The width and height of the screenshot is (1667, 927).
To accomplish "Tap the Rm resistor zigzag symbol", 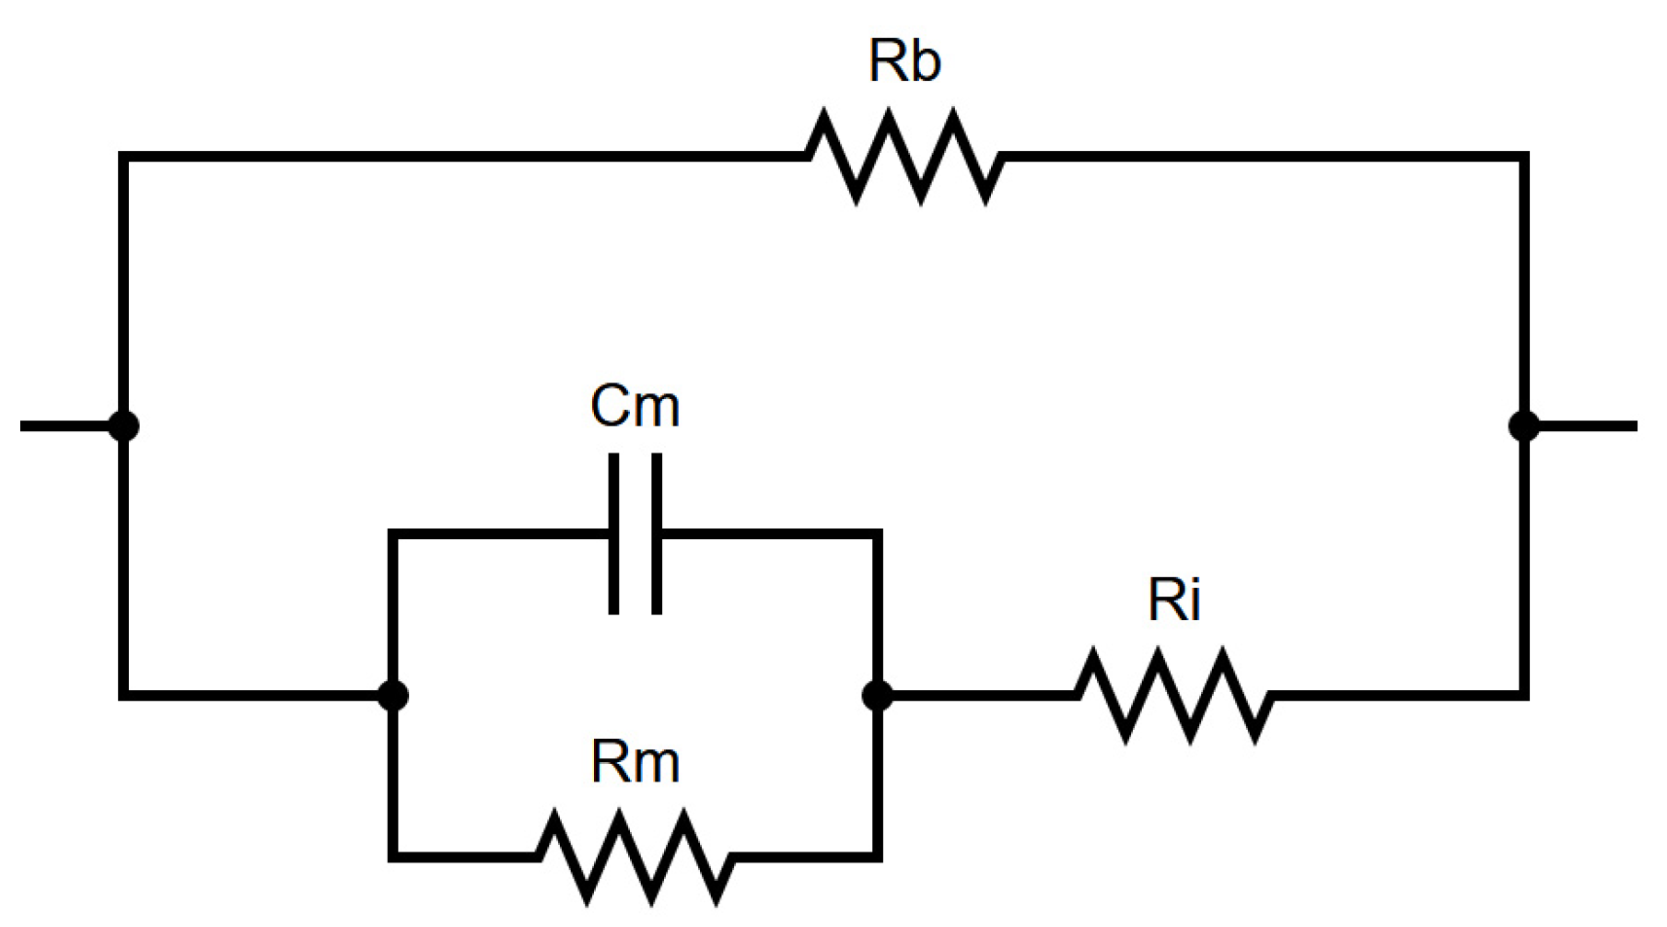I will click(x=635, y=856).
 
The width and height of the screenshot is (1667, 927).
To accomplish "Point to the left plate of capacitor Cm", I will click(x=614, y=534).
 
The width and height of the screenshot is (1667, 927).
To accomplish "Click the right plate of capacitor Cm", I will click(x=656, y=534).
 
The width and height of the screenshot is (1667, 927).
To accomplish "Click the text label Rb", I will click(x=904, y=62).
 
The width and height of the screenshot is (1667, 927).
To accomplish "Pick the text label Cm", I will click(x=635, y=406).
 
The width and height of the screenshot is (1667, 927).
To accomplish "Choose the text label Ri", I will click(x=1173, y=601).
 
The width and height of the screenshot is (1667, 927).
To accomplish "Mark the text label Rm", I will click(x=635, y=763).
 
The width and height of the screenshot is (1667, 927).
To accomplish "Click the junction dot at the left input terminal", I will click(x=123, y=426).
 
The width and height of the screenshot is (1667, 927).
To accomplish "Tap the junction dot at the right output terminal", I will click(x=1524, y=426).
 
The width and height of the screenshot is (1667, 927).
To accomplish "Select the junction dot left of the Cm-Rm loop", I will click(x=393, y=695).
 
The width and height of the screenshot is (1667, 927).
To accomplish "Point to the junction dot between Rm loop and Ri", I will click(x=878, y=695).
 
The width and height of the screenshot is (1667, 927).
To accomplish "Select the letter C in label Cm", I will click(x=611, y=406).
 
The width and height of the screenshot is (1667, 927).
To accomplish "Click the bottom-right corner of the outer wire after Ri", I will click(x=1524, y=695).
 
